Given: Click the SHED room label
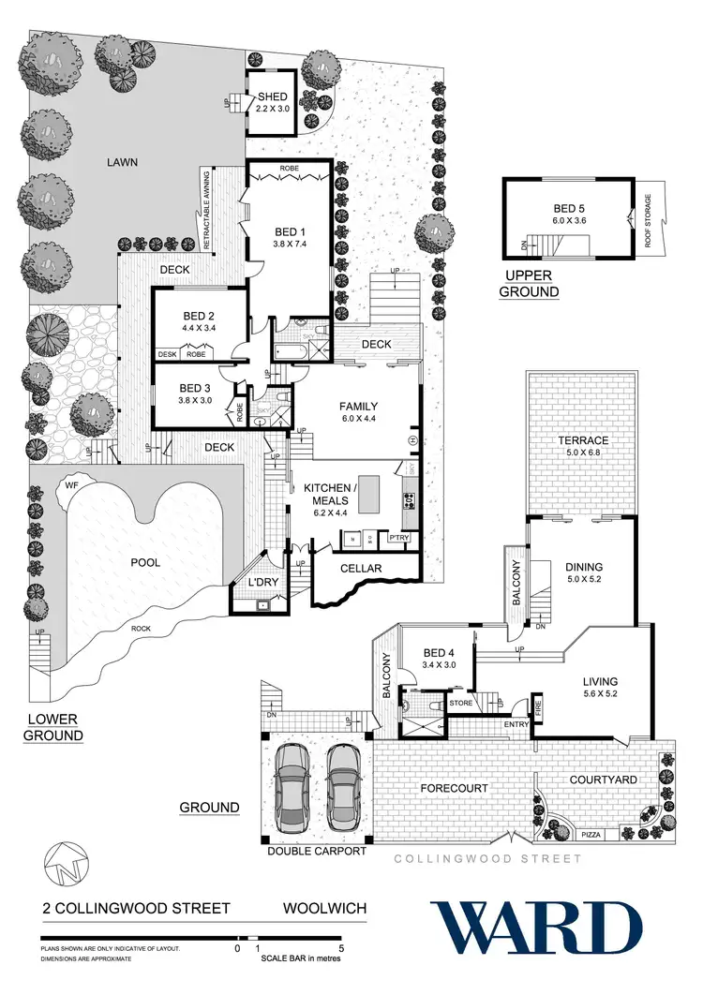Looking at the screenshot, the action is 272,97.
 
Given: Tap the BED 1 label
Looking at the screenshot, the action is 289,230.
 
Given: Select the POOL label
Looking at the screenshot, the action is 145,563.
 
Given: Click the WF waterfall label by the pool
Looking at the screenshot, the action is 70,485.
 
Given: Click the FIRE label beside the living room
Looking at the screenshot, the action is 538,705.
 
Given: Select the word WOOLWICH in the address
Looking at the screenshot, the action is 324,909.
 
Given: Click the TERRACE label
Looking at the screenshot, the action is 585,440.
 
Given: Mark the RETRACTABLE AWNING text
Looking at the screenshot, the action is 205,209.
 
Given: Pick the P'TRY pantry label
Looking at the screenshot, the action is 399,538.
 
